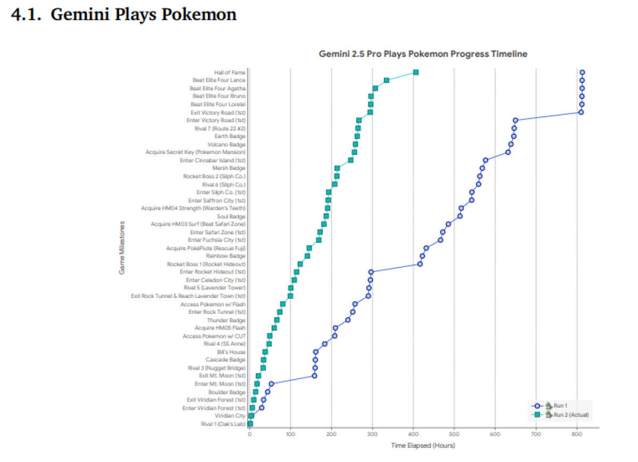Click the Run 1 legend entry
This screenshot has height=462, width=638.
point(560,406)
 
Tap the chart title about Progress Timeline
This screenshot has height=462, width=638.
point(423,54)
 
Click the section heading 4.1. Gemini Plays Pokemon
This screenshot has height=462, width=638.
point(124,14)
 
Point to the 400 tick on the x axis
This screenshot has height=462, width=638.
point(413,434)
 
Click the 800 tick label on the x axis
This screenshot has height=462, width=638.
point(576,434)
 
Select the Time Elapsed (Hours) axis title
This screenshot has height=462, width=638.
point(423,446)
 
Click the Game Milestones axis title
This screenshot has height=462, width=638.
point(122,248)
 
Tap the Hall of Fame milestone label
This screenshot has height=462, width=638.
point(230,72)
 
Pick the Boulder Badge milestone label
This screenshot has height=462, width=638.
point(227,392)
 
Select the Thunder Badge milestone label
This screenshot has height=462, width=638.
point(226,320)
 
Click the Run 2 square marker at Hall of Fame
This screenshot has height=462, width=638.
point(416,72)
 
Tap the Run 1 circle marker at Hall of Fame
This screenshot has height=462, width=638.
point(582,72)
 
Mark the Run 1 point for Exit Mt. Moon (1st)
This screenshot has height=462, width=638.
point(314,376)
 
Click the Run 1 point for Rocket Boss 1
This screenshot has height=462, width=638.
point(420,264)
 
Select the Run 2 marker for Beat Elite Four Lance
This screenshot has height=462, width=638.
point(387,80)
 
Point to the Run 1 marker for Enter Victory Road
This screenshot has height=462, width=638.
point(515,120)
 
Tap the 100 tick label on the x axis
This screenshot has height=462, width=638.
point(290,434)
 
